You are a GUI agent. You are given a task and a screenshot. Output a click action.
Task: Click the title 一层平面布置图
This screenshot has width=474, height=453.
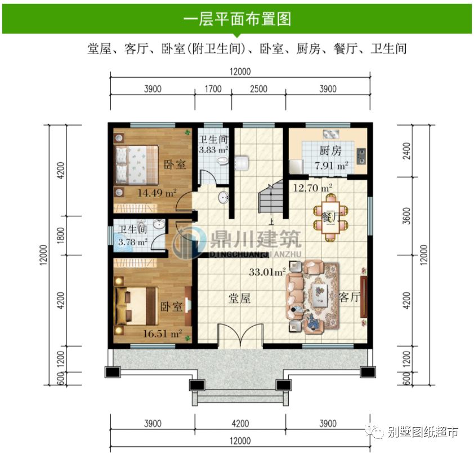point(237,19)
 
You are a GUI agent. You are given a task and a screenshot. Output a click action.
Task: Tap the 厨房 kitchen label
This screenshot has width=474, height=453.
point(330,150)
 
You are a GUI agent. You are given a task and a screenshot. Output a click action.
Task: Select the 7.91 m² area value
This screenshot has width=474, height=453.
point(330,165)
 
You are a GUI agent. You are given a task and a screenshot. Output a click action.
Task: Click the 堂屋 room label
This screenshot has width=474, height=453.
point(239,299)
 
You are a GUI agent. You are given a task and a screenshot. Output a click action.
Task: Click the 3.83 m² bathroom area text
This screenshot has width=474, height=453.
point(213,150)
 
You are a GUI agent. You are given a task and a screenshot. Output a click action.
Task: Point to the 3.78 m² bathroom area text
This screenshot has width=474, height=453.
point(133,243)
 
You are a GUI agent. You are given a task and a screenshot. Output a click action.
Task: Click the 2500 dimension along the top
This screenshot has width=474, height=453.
point(258,88)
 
